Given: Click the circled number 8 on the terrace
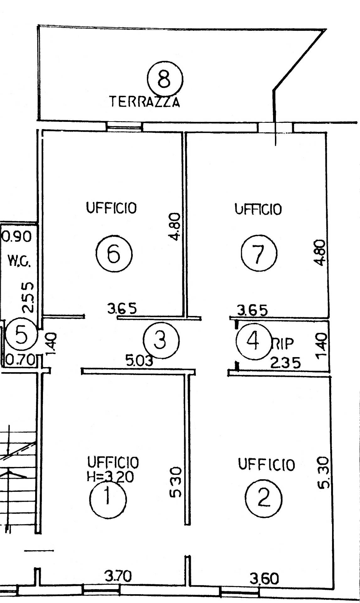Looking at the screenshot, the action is click(165, 78).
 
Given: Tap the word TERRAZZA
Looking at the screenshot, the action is click(145, 102).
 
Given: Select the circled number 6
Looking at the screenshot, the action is click(114, 254).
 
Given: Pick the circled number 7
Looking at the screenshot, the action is click(259, 254).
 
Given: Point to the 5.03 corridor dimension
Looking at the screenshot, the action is click(139, 361).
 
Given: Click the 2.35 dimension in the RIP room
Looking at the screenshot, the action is click(285, 363).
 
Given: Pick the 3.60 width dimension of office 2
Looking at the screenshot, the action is click(264, 579).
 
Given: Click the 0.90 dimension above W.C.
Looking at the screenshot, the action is click(17, 236).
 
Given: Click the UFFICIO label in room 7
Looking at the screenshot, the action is click(258, 209).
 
